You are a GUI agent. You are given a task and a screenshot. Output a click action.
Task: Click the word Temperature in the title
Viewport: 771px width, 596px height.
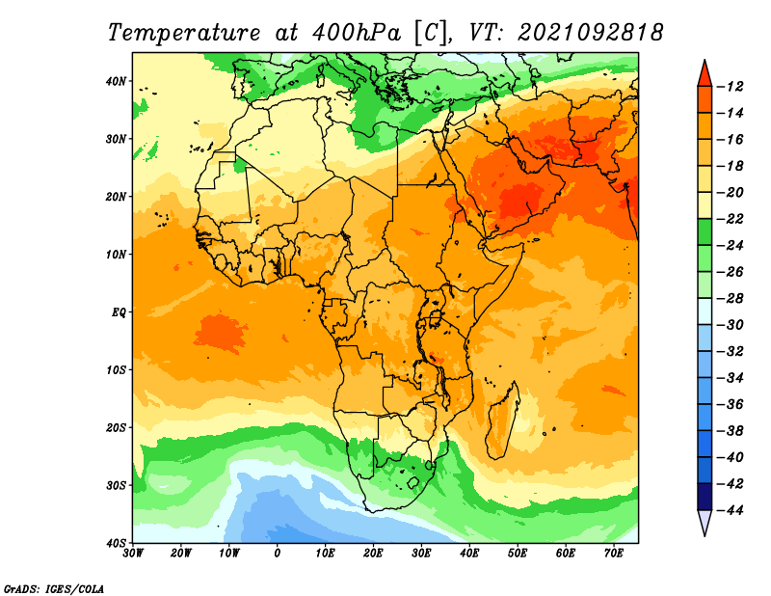[x=184, y=32]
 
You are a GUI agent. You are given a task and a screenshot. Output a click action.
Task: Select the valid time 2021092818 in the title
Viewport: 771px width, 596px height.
[x=591, y=32]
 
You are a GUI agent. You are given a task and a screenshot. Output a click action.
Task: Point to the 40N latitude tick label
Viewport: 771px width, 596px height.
[x=116, y=81]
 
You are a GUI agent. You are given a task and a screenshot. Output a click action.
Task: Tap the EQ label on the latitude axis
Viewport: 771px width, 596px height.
[x=119, y=312]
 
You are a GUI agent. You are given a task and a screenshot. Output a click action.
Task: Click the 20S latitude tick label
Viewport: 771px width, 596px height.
[x=116, y=427]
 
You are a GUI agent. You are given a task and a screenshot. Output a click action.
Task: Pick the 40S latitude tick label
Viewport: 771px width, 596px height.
[x=116, y=542]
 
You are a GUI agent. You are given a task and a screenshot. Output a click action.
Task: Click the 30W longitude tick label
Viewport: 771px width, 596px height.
[x=133, y=554]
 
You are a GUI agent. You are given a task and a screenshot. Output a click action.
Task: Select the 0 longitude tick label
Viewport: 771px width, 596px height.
[x=278, y=554]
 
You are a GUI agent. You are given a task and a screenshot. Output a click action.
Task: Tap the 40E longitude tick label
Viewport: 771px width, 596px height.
[x=469, y=554]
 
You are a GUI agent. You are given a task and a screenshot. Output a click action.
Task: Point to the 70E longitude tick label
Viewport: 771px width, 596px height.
[x=614, y=554]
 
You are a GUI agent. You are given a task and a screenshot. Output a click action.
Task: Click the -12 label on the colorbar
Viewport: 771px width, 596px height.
[x=733, y=87]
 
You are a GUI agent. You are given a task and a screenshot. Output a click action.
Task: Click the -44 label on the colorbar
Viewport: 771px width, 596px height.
[x=733, y=510]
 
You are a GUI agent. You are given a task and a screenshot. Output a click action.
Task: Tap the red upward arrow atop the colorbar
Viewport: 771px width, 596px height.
[x=705, y=73]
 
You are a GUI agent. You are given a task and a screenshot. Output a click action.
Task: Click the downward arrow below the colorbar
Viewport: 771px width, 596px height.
[x=705, y=523]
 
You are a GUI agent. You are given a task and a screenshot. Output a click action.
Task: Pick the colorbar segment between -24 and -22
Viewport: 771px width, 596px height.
[x=705, y=231]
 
